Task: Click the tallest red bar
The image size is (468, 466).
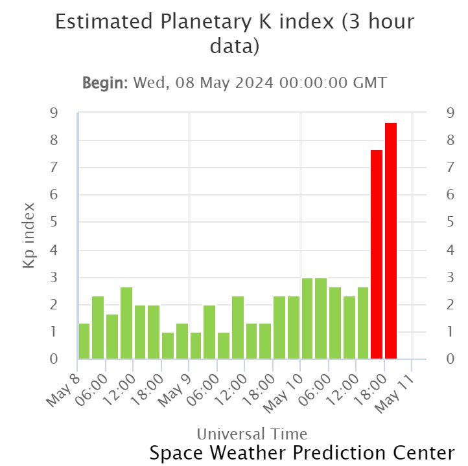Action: click(x=390, y=240)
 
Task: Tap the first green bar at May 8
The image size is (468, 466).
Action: click(x=84, y=340)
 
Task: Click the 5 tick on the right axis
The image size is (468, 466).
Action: click(x=450, y=223)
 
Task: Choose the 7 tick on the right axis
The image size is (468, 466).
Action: click(x=450, y=168)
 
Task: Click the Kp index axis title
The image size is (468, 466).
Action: click(x=29, y=236)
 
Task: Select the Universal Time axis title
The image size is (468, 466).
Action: click(x=252, y=434)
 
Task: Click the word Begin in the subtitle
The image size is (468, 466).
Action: click(x=104, y=83)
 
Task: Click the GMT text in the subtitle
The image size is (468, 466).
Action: click(x=371, y=83)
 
